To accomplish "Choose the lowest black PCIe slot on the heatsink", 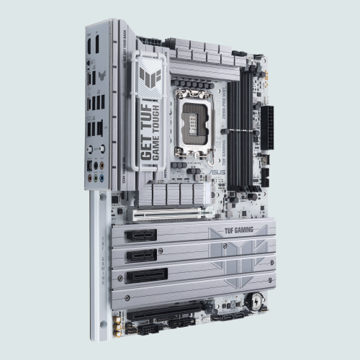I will [147, 275].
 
